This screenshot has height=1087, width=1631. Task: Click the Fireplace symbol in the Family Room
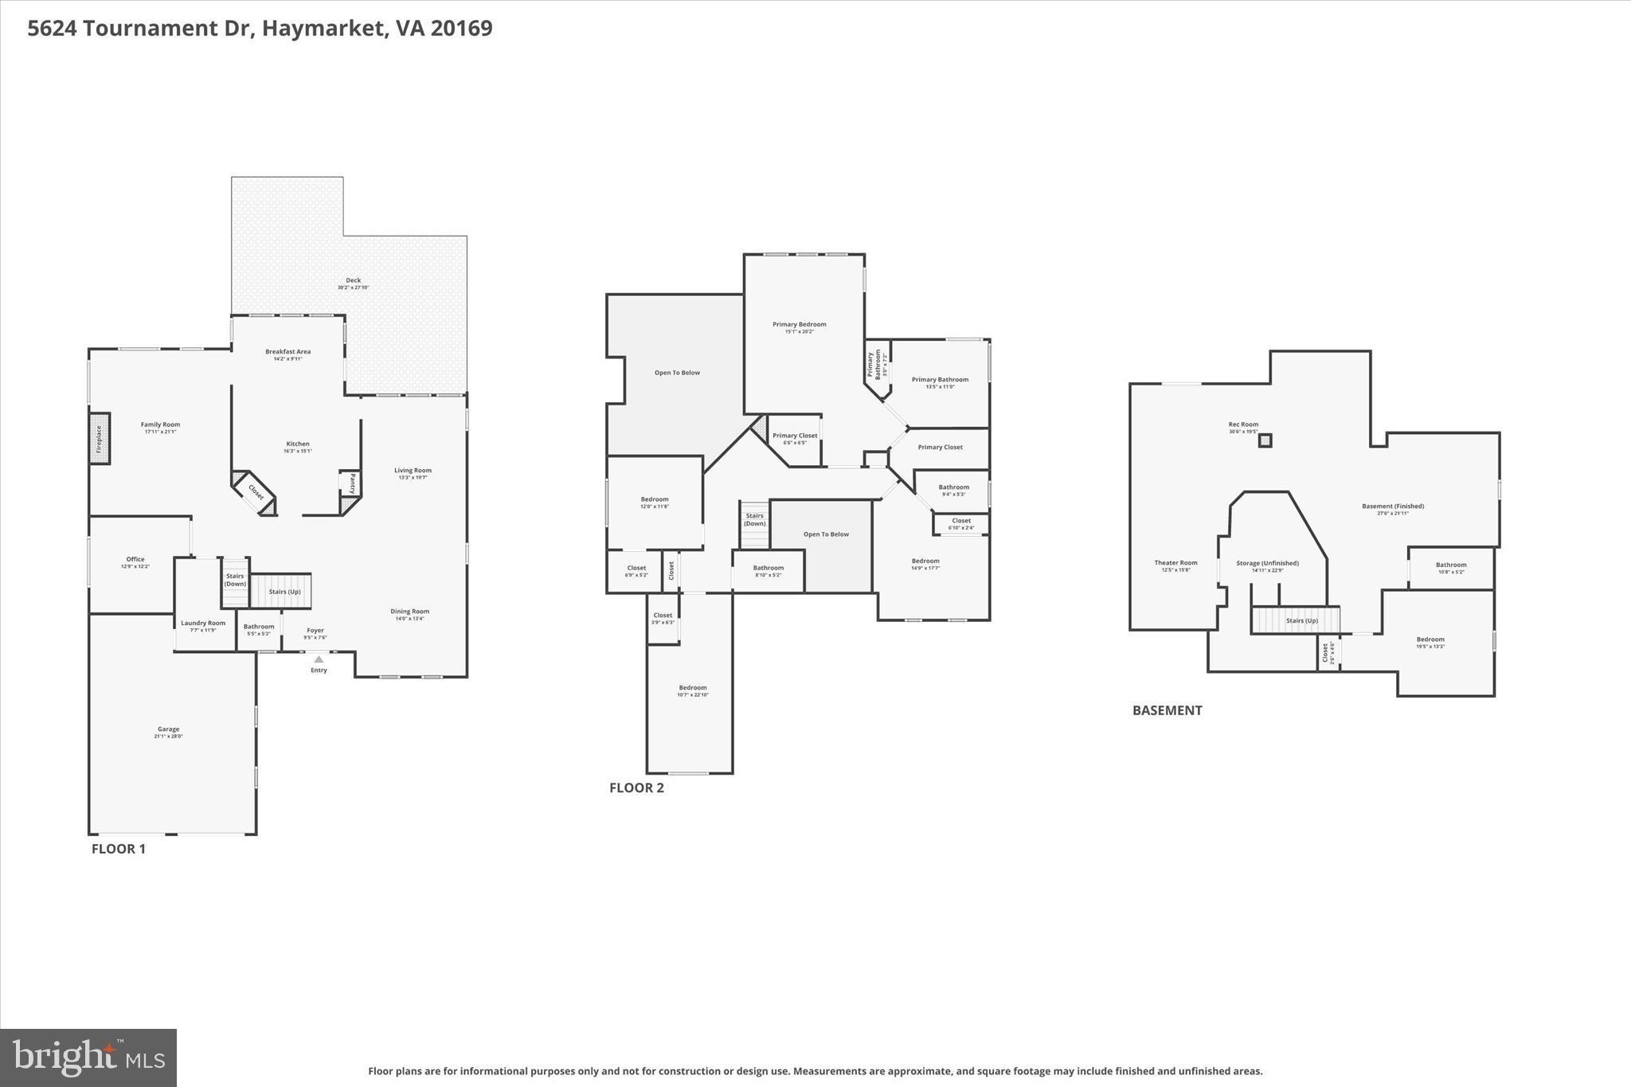click(x=99, y=439)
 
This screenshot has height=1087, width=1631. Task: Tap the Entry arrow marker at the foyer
click(x=319, y=659)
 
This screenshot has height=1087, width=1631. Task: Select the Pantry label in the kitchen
click(x=351, y=483)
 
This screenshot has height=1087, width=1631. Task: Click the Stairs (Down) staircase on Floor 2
click(x=755, y=524)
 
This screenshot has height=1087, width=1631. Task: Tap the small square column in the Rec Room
click(x=1265, y=440)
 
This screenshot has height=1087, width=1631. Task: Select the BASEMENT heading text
click(x=1167, y=710)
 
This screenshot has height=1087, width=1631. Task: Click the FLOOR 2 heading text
click(x=636, y=788)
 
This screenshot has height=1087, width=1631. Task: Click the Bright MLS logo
click(x=88, y=1058)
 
